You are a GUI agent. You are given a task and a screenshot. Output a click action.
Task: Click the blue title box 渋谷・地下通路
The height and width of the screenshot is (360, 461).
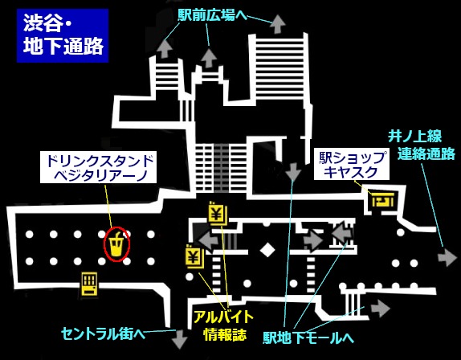pos(63,35)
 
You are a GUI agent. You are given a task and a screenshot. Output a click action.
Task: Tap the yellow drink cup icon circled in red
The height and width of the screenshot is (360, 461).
pos(116,244)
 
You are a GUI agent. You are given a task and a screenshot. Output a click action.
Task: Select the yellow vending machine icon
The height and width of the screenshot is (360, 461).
pos(89,284)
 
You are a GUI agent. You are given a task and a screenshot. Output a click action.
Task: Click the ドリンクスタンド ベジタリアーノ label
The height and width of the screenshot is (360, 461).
pos(98,167)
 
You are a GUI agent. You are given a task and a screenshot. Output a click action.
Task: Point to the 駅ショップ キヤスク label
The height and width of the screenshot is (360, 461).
pos(352,164)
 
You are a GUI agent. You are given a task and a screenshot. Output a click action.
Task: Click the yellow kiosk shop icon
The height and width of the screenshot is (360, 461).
pos(382,200)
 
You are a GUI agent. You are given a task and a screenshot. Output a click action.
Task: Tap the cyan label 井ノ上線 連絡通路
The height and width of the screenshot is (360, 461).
pos(421,145)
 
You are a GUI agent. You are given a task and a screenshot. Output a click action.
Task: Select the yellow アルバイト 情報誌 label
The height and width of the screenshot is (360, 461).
pos(223,325)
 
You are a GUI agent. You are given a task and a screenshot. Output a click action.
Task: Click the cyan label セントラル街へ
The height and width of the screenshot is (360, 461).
pos(103,333)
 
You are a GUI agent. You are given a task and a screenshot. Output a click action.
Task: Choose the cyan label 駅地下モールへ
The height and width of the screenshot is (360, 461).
pos(308,337)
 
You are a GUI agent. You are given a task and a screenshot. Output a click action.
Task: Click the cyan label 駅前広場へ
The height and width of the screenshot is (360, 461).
pos(212,15)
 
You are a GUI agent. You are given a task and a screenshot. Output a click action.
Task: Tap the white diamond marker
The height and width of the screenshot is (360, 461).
pos(267,250)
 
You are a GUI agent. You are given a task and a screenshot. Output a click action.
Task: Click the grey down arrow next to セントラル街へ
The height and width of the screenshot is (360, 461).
pos(179,338)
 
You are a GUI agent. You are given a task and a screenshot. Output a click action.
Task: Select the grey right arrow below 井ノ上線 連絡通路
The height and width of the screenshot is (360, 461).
pos(447,257)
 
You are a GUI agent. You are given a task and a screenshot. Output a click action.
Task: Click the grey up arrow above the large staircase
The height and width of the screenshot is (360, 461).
pos(278,24)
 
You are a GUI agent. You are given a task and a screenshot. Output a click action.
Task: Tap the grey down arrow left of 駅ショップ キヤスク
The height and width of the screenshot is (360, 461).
pos(293,171)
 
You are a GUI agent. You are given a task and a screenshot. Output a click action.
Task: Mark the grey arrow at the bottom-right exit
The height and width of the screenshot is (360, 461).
pos(380,309)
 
